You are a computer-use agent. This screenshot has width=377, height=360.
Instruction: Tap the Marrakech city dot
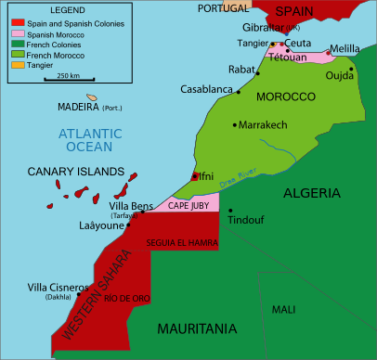pyautogui.click(x=234, y=124)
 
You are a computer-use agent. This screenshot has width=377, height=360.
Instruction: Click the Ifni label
pyautogui.click(x=206, y=174)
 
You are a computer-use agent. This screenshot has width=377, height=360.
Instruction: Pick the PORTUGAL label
pyautogui.click(x=222, y=6)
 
